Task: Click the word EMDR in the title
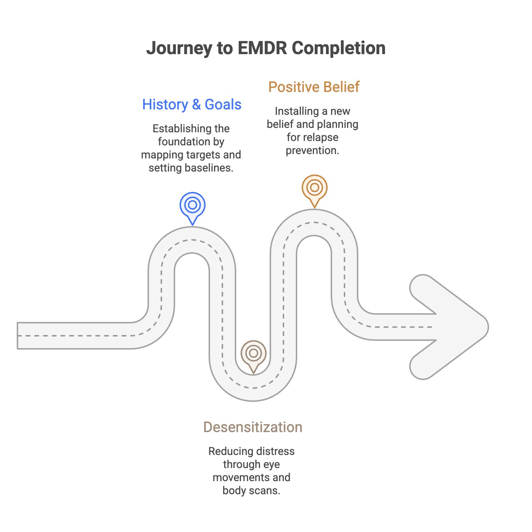pos(262,48)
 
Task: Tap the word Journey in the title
pos(179,49)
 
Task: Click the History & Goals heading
pos(192,105)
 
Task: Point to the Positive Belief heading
pos(314,87)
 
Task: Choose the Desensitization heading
pos(253,427)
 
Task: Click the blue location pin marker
pos(193,206)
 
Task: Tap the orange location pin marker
pos(315,188)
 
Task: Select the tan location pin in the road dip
pos(254,354)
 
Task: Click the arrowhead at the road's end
pos(454,327)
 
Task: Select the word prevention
pos(313,150)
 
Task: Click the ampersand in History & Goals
pos(196,105)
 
